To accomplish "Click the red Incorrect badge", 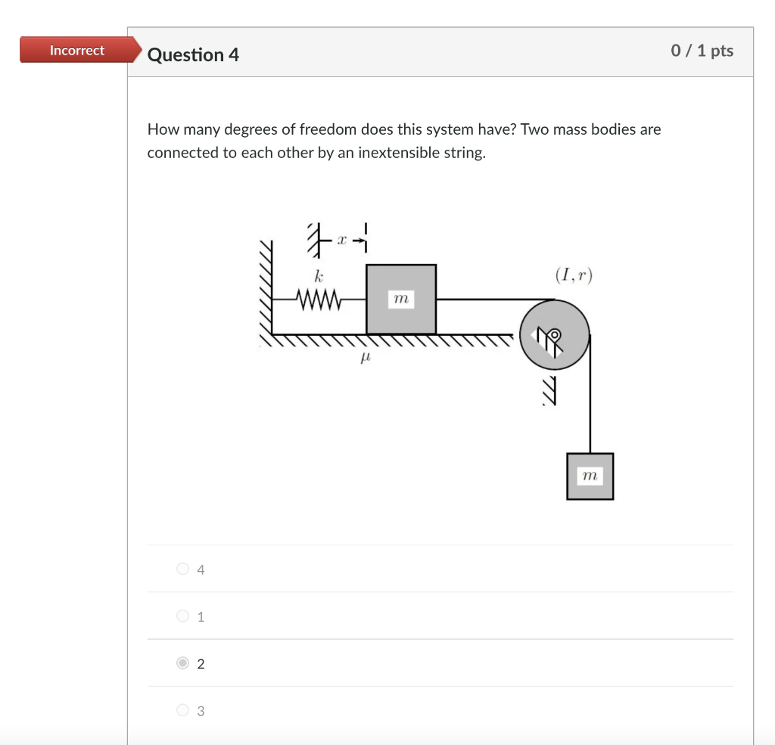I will coord(76,51).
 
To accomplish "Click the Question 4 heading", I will coord(193,55).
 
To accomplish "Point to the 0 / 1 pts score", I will coord(702,51).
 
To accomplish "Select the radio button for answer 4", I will coord(182,569).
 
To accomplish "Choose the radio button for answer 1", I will coord(182,616).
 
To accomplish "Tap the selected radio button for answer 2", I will coord(182,663).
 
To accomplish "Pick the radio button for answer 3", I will coord(182,710).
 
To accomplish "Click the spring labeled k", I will coord(320,300).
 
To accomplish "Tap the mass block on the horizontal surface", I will coord(401,300).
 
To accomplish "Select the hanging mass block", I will coord(590,476).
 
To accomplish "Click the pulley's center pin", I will coord(555,334).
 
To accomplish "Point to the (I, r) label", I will coord(574,275).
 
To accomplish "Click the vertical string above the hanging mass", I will coord(590,401).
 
